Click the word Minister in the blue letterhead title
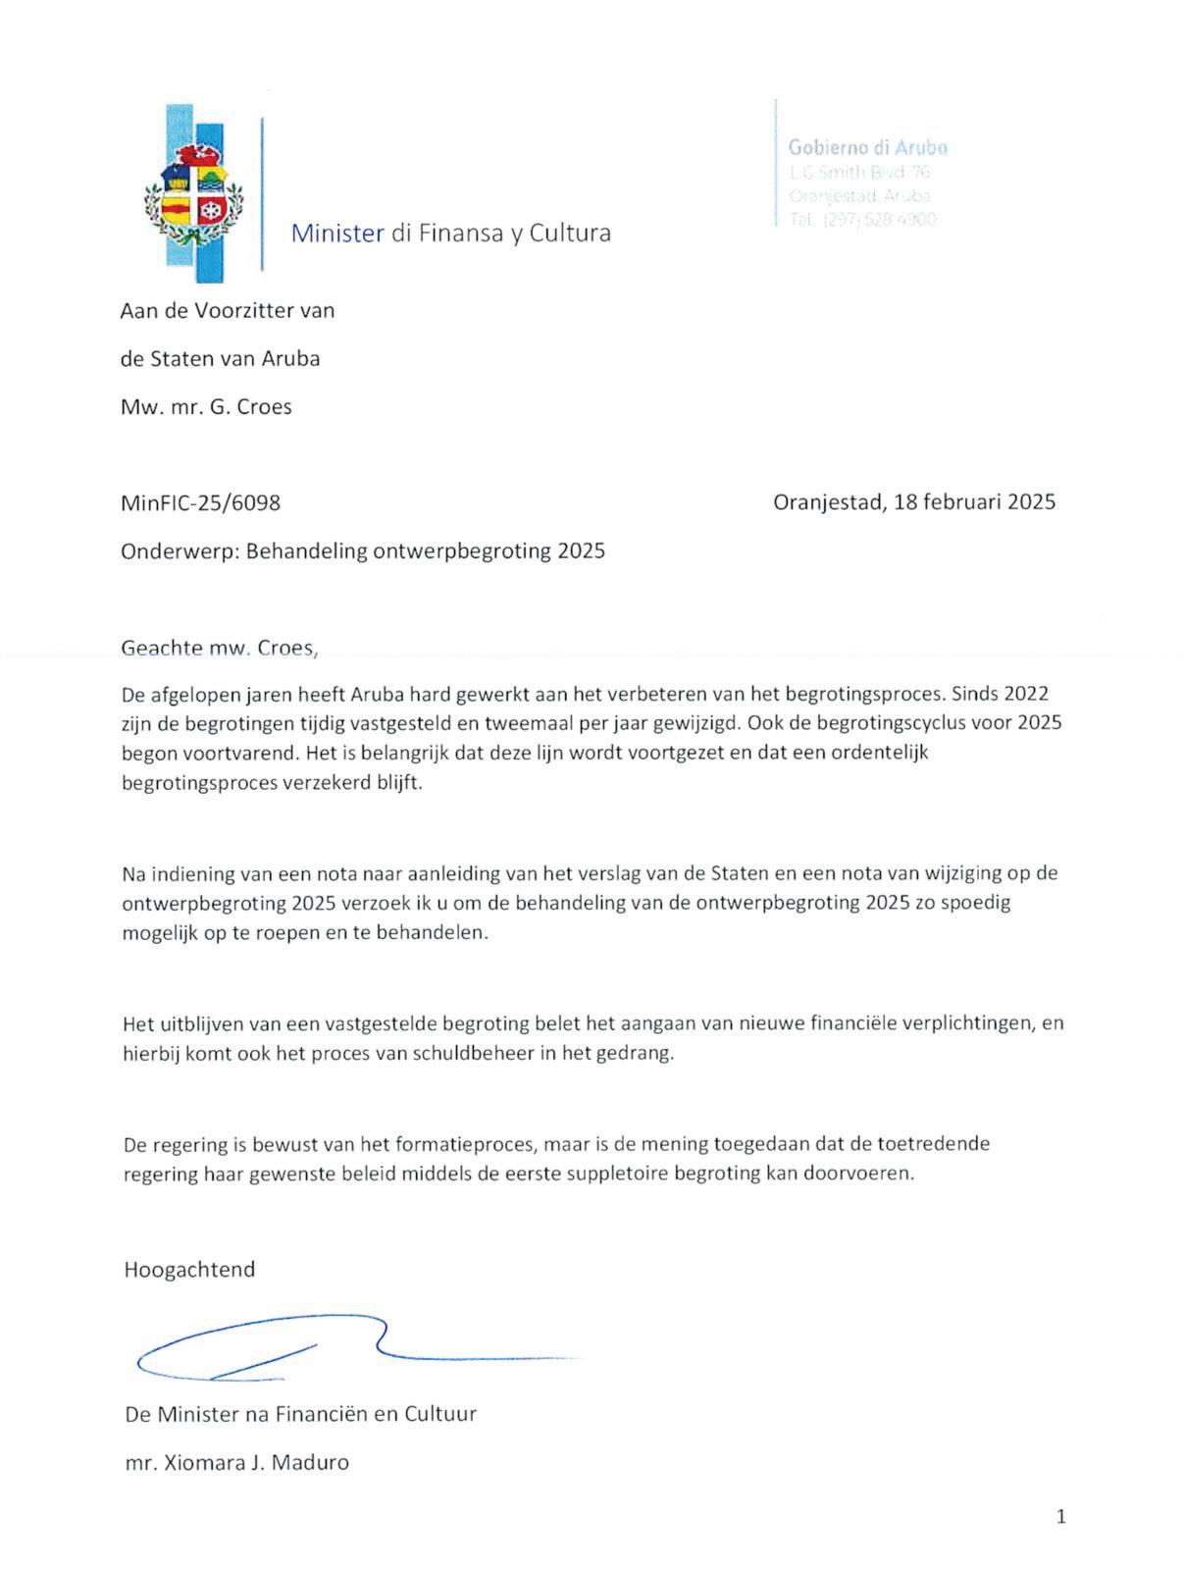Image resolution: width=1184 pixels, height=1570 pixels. click(x=336, y=234)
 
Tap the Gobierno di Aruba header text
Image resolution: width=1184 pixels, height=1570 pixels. click(x=867, y=148)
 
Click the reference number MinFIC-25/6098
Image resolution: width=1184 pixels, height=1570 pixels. click(x=200, y=503)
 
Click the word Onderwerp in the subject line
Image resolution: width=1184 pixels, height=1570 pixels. click(x=178, y=551)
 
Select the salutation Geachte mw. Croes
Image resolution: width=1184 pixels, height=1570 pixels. click(x=220, y=648)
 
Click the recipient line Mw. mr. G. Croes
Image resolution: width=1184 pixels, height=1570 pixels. click(x=206, y=407)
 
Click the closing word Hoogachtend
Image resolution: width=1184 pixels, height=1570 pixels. click(x=189, y=1270)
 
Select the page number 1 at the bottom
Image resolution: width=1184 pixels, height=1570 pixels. click(x=1060, y=1517)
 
